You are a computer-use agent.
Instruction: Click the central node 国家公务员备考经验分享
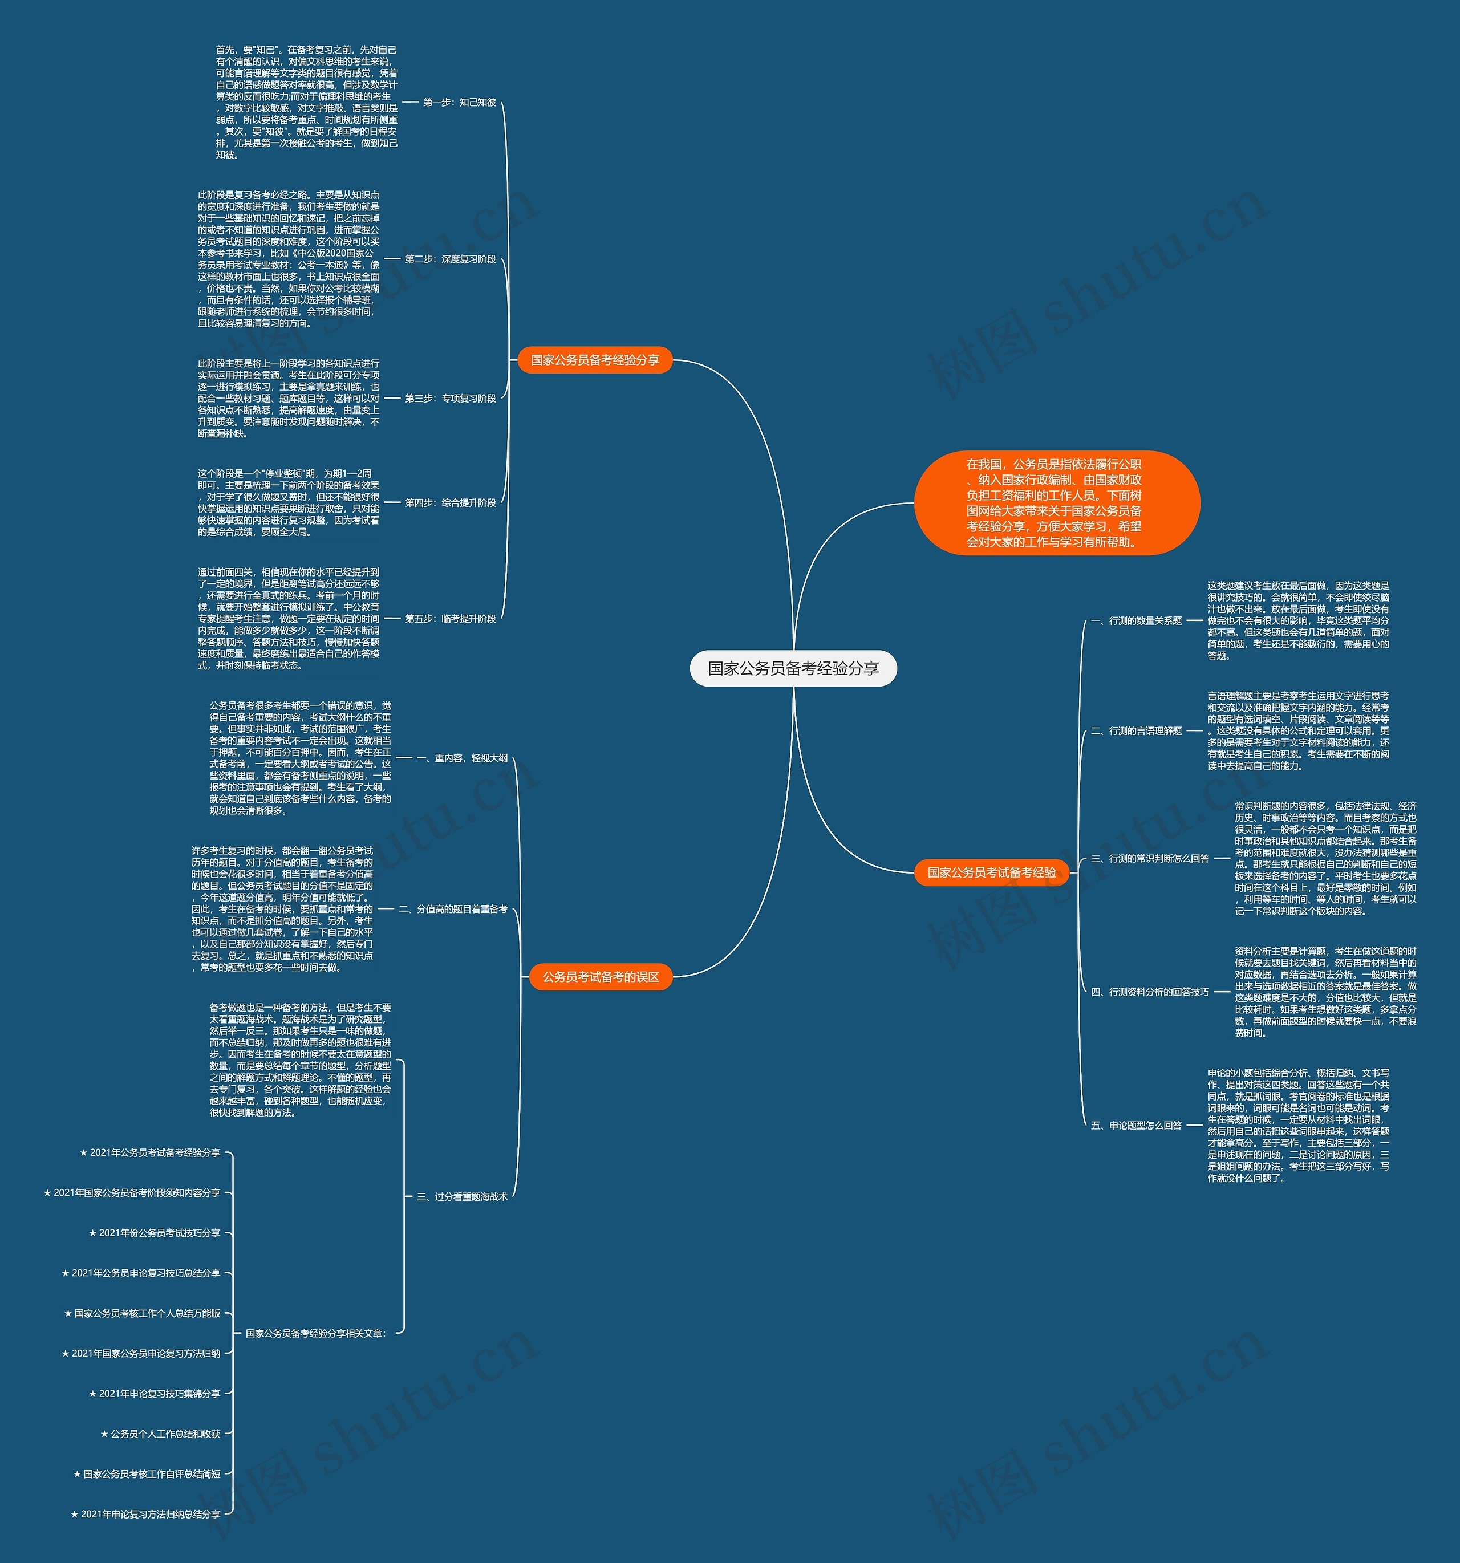pos(793,668)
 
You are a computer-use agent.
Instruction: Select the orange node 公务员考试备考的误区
pos(600,976)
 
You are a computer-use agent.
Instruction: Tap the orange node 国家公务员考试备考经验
pos(991,872)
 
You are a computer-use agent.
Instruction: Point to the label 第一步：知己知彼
pos(459,102)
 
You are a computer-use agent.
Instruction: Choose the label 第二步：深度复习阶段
pos(451,259)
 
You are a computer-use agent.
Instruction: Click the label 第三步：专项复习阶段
pos(451,399)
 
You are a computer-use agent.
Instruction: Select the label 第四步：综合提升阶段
pos(451,502)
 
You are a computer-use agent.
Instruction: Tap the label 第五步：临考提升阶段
pos(451,619)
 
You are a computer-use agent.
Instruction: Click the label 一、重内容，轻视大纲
pos(463,758)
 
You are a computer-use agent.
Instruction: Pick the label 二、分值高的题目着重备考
pos(453,909)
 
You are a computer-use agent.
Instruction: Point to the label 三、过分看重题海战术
pos(463,1196)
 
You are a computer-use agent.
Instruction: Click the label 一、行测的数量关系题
pos(1137,620)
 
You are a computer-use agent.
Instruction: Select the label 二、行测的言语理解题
pos(1137,730)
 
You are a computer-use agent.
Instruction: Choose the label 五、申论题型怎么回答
pos(1137,1125)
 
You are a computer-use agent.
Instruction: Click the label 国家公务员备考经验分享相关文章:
pos(315,1333)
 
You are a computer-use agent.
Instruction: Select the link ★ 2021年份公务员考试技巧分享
pos(155,1233)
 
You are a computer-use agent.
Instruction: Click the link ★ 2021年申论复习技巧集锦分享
pos(155,1394)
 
